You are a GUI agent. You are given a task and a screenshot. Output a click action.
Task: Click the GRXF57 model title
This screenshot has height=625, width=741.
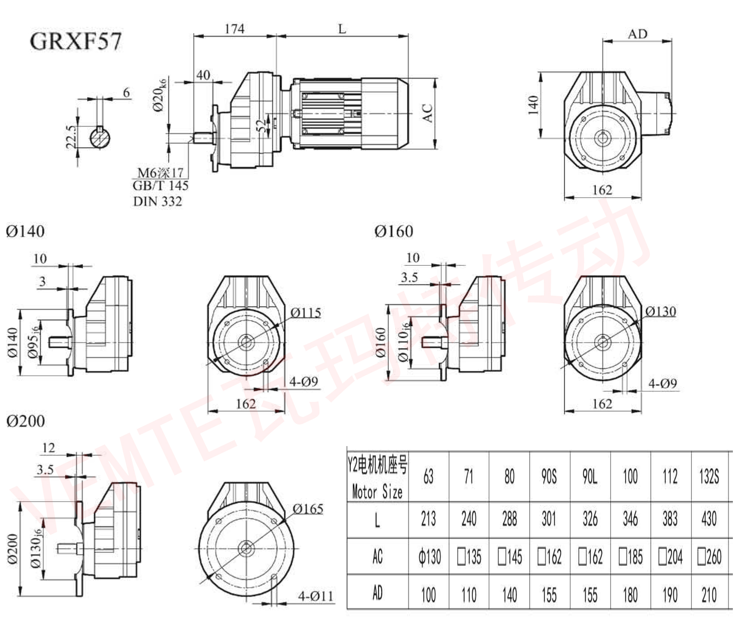pyautogui.click(x=76, y=41)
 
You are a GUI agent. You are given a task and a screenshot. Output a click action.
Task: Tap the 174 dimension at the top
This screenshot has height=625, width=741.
pyautogui.click(x=235, y=29)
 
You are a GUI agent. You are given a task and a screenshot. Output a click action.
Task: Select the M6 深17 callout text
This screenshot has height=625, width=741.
pyautogui.click(x=160, y=173)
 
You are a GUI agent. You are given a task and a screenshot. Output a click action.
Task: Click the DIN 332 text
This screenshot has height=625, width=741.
pyautogui.click(x=157, y=202)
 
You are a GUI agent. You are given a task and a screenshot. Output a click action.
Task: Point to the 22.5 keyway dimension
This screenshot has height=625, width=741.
pyautogui.click(x=71, y=137)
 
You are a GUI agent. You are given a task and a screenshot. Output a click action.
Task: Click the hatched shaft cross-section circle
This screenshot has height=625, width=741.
pyautogui.click(x=100, y=137)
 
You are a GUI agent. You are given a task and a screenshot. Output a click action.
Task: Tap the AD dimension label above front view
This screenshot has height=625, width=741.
pyautogui.click(x=637, y=34)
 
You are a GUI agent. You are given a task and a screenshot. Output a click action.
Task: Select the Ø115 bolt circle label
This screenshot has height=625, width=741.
pyautogui.click(x=305, y=313)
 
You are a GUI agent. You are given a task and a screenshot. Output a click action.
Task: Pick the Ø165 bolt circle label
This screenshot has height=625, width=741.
pyautogui.click(x=308, y=509)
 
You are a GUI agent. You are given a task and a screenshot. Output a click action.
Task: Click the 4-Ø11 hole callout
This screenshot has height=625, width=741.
pyautogui.click(x=315, y=596)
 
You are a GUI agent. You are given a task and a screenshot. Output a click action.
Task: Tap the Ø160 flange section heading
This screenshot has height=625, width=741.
pyautogui.click(x=394, y=232)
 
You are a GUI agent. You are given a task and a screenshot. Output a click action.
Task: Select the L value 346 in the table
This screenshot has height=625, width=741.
pyautogui.click(x=630, y=519)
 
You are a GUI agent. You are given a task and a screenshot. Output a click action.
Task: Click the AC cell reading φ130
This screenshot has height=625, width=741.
pyautogui.click(x=429, y=556)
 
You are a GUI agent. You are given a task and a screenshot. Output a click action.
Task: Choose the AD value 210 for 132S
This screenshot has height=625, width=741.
pyautogui.click(x=709, y=594)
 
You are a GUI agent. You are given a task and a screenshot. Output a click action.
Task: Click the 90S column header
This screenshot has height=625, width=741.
pyautogui.click(x=549, y=477)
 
